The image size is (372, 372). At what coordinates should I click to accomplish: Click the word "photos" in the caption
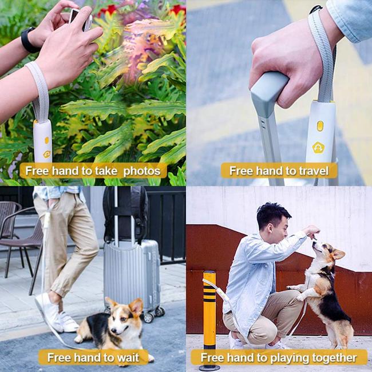point(142,171)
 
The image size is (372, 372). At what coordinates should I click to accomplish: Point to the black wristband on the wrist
point(29,40)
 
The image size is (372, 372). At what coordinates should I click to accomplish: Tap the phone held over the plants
point(81,19)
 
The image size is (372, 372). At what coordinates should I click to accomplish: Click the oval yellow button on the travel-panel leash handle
point(320,126)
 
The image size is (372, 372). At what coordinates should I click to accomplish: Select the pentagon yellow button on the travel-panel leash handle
point(318,148)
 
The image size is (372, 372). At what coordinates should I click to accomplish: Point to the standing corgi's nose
point(314,243)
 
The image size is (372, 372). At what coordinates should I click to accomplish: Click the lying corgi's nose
point(113,330)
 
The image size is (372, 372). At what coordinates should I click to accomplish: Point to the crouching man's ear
point(270,228)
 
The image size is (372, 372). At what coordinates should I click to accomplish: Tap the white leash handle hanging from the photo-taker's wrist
point(43,141)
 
